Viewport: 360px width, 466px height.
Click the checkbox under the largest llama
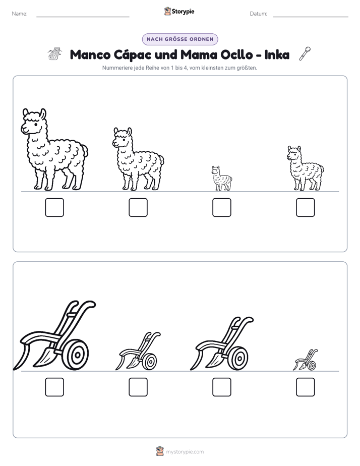pyautogui.click(x=54, y=207)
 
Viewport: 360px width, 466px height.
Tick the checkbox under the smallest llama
pyautogui.click(x=221, y=207)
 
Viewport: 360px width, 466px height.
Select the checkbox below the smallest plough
pyautogui.click(x=306, y=387)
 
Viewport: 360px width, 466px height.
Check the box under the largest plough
pyautogui.click(x=54, y=387)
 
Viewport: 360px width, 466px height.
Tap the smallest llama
pyautogui.click(x=221, y=179)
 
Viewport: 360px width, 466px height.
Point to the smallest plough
pyautogui.click(x=306, y=360)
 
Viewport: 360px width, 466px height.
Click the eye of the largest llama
pyautogui.click(x=36, y=124)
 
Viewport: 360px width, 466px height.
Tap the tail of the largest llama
pyautogui.click(x=84, y=151)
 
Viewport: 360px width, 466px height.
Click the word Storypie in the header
pyautogui.click(x=183, y=12)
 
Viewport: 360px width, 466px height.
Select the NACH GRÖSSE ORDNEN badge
pyautogui.click(x=180, y=39)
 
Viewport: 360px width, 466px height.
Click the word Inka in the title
pyautogui.click(x=277, y=54)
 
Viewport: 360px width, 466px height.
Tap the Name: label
pyautogui.click(x=20, y=14)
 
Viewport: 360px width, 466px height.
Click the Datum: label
pyautogui.click(x=259, y=14)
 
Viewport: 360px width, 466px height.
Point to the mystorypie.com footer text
pyautogui.click(x=185, y=452)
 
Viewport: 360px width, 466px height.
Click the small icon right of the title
pyautogui.click(x=305, y=53)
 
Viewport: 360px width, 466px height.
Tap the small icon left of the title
pyautogui.click(x=55, y=54)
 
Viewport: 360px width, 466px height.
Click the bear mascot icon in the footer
pyautogui.click(x=160, y=451)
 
